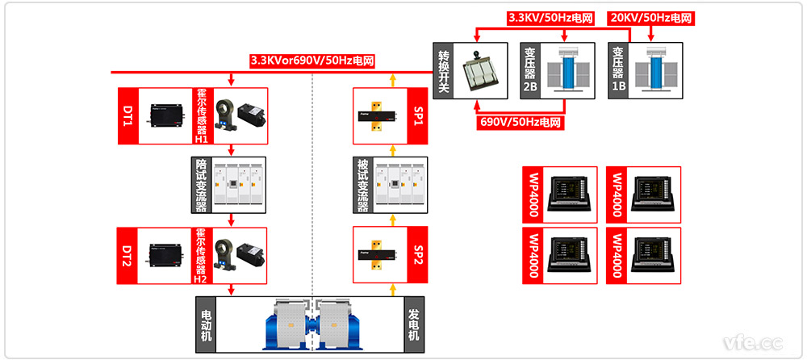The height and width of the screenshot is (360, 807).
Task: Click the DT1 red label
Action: coord(128,116)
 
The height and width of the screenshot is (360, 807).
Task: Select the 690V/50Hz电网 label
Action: coord(521,123)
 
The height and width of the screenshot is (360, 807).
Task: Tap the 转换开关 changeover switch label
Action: coord(442,70)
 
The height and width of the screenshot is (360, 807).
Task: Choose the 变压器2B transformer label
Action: coord(530,70)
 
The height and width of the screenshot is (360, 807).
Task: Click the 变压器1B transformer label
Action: coord(618,70)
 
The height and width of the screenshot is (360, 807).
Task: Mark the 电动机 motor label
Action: coord(207,324)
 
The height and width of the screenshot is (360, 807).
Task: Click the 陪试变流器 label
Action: coord(201,185)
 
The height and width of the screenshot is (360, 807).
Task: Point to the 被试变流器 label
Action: coord(363,185)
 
